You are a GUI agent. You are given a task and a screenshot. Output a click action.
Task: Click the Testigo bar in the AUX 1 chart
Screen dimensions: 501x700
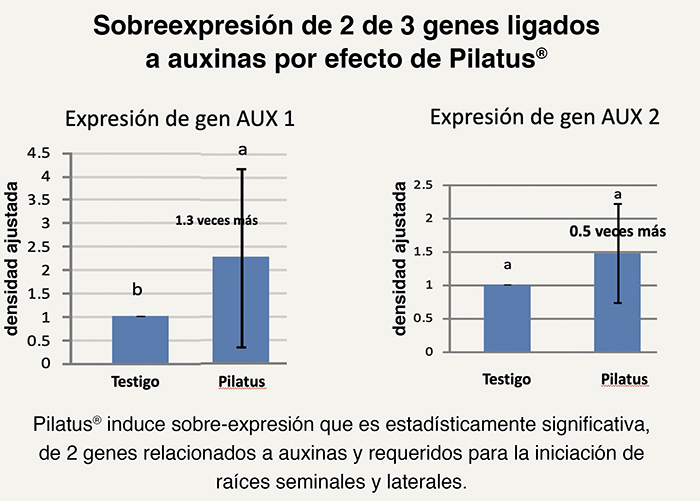tap(139, 340)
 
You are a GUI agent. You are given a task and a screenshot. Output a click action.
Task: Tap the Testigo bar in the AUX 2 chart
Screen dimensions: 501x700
tap(507, 319)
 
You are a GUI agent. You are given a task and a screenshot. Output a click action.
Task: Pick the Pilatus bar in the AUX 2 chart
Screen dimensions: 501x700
tap(617, 302)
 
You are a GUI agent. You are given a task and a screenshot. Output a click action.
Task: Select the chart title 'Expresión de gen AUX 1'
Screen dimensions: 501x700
tap(180, 119)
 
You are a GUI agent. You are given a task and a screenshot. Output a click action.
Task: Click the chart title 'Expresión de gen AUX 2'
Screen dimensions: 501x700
tap(544, 116)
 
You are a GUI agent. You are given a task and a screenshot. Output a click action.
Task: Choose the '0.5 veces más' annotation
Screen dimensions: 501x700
tap(617, 231)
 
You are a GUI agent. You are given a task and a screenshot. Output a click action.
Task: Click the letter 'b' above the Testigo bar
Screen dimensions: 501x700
tap(138, 290)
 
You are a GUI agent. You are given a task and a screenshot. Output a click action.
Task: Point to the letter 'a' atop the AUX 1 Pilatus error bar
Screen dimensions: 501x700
tap(241, 150)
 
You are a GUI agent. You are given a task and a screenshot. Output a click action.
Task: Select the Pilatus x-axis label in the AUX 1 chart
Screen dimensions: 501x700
tap(240, 382)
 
